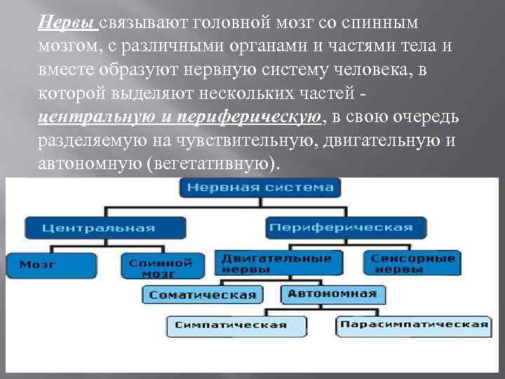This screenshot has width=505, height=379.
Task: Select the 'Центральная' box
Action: pos(98,227)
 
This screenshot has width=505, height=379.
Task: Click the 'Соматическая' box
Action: pos(203,295)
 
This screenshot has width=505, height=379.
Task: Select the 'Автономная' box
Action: pos(333,294)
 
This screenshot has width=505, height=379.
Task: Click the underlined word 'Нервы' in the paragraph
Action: pos(67,22)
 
